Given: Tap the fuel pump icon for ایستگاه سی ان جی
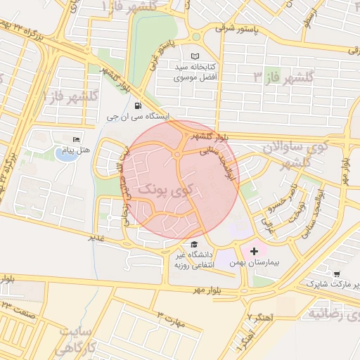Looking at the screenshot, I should [x=127, y=105].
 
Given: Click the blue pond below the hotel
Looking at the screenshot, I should [x=66, y=155].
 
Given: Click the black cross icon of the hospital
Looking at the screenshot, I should [x=254, y=250].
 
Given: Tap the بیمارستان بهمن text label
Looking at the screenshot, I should [x=255, y=262].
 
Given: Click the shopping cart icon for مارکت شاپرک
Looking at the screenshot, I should [x=337, y=274].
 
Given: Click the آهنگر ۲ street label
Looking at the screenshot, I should [x=247, y=318].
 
